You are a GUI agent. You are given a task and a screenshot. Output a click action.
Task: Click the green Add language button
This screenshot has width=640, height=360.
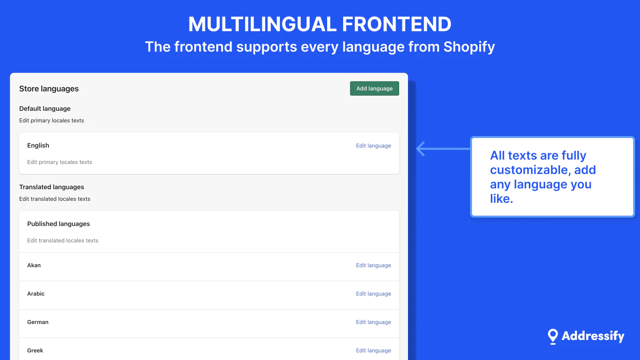click(x=374, y=88)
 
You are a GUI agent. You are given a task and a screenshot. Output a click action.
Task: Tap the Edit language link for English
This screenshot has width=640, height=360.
click(x=374, y=146)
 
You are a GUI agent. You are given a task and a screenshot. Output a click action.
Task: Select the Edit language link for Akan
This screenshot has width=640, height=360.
click(x=374, y=266)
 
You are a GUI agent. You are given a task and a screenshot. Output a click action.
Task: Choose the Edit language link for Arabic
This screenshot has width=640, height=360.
click(x=374, y=294)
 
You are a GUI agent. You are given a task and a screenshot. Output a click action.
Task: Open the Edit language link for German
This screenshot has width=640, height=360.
click(x=374, y=322)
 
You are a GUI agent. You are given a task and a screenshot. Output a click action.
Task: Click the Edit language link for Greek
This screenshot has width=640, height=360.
click(x=374, y=350)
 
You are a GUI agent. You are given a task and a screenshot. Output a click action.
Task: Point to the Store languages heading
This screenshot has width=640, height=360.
click(x=49, y=89)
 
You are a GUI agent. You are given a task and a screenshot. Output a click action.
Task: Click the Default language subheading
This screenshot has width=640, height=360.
click(x=45, y=108)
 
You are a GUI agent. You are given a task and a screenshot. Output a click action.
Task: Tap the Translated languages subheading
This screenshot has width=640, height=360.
click(x=52, y=187)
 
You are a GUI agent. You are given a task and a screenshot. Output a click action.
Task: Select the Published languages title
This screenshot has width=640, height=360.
click(x=58, y=224)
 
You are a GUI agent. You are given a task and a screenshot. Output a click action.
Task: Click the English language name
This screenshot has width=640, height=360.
click(x=38, y=146)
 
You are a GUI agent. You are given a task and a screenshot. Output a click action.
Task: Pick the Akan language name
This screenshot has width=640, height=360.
click(x=34, y=265)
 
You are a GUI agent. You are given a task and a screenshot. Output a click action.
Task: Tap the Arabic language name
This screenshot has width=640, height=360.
click(x=36, y=294)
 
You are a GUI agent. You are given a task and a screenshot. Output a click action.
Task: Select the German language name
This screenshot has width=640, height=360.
click(x=38, y=322)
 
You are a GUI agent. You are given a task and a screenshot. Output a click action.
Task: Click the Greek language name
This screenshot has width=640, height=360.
click(x=35, y=350)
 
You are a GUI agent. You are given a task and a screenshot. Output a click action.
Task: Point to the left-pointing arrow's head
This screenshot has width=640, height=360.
click(x=418, y=148)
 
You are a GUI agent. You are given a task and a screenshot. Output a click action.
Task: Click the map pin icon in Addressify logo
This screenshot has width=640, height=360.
click(x=553, y=336)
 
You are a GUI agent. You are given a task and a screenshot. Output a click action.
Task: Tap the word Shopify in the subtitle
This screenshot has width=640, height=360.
click(x=469, y=47)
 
